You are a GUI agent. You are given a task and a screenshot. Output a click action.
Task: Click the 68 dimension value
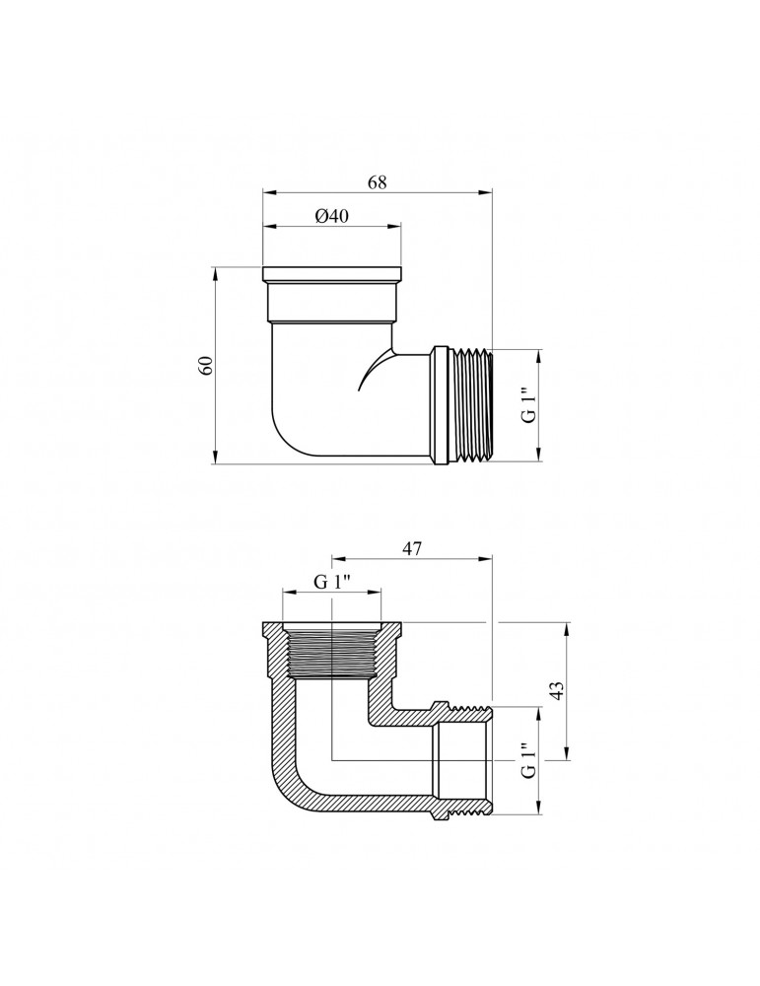coord(378,182)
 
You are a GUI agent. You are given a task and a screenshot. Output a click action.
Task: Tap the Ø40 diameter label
coord(330,216)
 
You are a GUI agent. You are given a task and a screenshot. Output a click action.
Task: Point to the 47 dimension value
coord(411,548)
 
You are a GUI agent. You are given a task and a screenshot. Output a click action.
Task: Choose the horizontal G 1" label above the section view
coord(332,583)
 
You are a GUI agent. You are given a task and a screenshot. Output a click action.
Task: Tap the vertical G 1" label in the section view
coord(529,761)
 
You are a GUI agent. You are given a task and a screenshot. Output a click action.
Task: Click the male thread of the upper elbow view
coord(470,405)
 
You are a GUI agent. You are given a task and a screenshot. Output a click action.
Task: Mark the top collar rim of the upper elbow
coord(332,274)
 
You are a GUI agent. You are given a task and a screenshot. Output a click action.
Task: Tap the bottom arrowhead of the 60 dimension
coord(215,458)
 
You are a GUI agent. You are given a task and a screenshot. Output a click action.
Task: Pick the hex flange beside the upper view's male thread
coord(440,405)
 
